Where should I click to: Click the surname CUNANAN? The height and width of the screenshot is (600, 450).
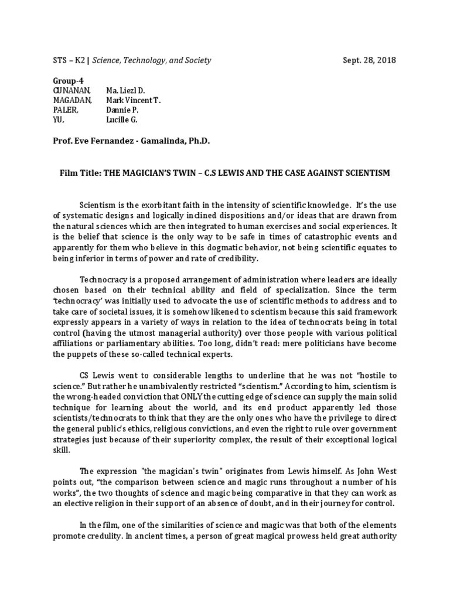[x=72, y=91]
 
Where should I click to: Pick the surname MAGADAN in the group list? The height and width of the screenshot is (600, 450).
[x=73, y=100]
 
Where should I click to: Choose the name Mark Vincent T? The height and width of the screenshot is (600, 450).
[x=133, y=100]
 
